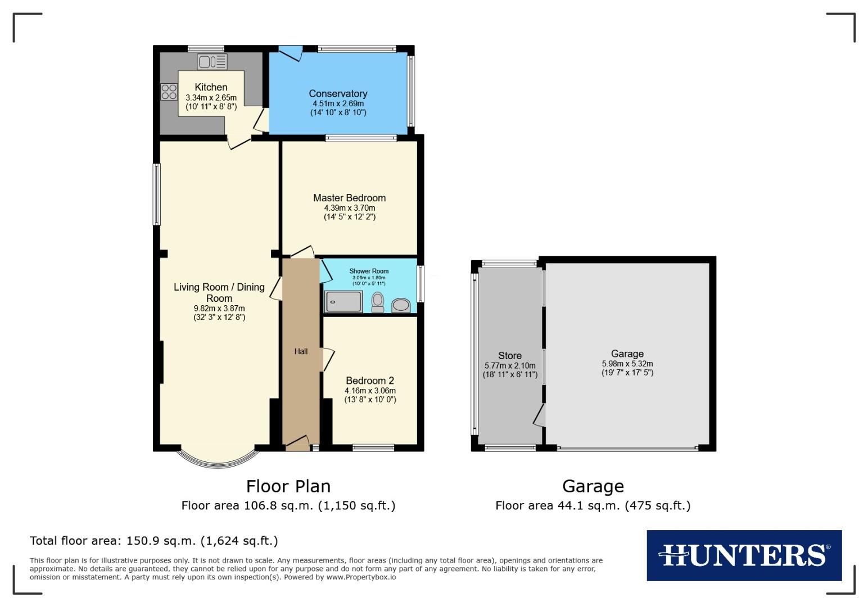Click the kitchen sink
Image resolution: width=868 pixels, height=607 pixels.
(212, 61)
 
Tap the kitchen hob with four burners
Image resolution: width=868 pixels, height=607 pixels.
(169, 91)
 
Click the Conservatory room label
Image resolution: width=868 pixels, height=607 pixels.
(338, 94)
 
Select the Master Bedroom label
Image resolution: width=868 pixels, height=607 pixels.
(349, 198)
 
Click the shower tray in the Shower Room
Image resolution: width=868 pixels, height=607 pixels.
(343, 301)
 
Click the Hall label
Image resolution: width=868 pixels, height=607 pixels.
(301, 351)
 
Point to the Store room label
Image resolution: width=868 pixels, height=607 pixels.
(509, 356)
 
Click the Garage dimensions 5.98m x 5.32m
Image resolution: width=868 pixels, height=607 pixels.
(627, 364)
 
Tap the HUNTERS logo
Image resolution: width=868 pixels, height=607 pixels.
(744, 555)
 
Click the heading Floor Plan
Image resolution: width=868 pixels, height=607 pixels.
(288, 486)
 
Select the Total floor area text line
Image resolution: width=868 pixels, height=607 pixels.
(153, 541)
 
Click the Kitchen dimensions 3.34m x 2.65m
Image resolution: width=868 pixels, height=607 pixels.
(211, 98)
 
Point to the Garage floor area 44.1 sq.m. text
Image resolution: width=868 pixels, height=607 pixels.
(593, 505)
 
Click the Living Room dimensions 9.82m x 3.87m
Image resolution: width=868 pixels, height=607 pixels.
(219, 308)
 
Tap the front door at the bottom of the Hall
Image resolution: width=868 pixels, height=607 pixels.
(298, 443)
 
